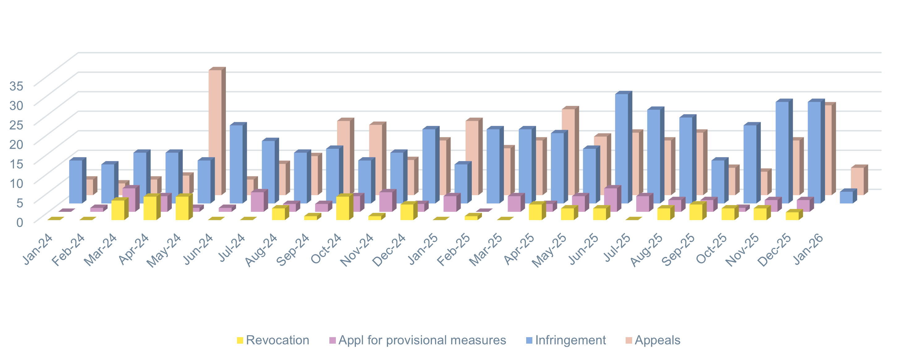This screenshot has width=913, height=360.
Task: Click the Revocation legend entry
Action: tap(277, 340)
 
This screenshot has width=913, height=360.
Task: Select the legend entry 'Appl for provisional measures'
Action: tap(422, 340)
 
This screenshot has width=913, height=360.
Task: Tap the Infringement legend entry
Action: tap(570, 340)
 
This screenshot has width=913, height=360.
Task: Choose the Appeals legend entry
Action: tap(657, 340)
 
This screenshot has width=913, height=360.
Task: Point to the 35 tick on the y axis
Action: tap(16, 86)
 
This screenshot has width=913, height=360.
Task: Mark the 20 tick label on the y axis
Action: tap(16, 144)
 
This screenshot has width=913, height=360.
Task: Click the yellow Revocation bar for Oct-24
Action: tap(342, 208)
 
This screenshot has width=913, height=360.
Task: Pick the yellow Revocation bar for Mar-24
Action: tap(118, 210)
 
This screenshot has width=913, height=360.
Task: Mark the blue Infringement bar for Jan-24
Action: tap(75, 182)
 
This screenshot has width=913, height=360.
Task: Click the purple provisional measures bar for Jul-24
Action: tap(257, 202)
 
